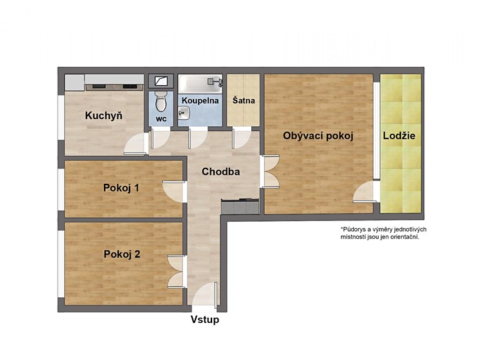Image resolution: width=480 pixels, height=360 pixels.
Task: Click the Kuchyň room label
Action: point(104,115)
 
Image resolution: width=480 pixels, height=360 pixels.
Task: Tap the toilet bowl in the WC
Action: point(160,102)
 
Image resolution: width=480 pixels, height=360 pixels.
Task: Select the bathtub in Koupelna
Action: point(200,83)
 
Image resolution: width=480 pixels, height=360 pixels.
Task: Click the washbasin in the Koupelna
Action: point(184,113)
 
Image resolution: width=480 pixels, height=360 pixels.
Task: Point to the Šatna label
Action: point(244,101)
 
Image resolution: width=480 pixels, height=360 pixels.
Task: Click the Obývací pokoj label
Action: point(318,136)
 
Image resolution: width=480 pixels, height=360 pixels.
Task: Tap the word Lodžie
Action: point(399,136)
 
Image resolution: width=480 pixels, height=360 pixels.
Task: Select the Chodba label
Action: point(220,172)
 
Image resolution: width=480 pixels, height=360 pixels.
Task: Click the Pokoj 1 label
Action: point(121,188)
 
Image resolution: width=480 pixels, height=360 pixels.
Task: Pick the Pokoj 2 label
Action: point(122,254)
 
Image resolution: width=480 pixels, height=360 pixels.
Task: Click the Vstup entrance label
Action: point(205,320)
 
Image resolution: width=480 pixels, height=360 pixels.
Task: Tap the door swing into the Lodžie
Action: point(364,192)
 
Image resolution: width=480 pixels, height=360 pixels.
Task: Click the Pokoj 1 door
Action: point(174,192)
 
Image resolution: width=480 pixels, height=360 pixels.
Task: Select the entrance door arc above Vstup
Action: point(204,293)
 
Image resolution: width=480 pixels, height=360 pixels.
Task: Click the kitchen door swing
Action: point(135,143)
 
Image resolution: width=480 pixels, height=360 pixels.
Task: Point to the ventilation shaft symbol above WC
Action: point(161,81)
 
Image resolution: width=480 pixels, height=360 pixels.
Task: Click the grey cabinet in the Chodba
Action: point(240,206)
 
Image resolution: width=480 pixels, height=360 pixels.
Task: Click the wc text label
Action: point(161,119)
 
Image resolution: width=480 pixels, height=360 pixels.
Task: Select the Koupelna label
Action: point(200,101)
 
